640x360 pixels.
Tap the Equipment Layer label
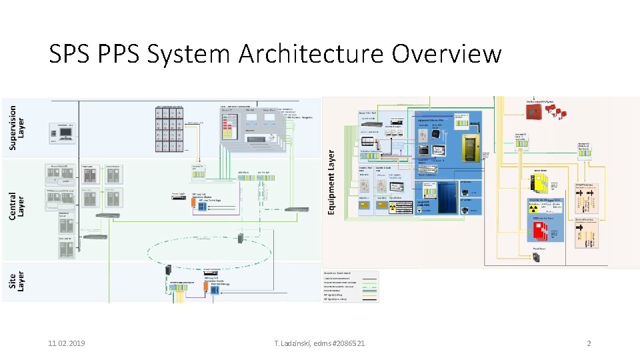[x=331, y=181]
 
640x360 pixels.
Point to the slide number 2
[x=589, y=343]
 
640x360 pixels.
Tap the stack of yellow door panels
[x=539, y=181]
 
